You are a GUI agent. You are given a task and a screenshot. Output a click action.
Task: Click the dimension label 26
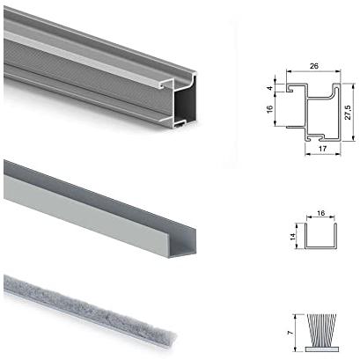[314, 66]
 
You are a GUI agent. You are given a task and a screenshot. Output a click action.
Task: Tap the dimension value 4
[270, 88]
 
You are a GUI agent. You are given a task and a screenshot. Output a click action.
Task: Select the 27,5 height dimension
[348, 113]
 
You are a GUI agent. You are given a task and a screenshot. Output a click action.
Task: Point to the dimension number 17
[322, 149]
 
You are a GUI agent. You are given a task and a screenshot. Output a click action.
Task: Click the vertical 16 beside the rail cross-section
[270, 109]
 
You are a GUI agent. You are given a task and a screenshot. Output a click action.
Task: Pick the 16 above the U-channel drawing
[321, 213]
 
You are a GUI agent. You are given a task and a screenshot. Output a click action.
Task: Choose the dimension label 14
[292, 237]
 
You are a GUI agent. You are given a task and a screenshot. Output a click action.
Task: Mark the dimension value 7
[290, 333]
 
